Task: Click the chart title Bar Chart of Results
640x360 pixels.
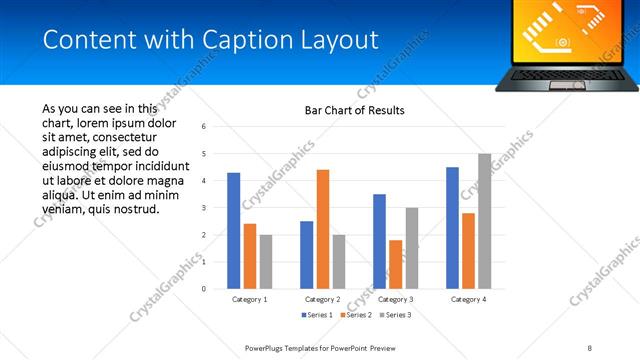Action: point(354,110)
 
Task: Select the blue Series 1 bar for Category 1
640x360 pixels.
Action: point(234,230)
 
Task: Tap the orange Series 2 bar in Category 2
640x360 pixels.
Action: point(323,229)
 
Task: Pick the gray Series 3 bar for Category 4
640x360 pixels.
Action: point(485,221)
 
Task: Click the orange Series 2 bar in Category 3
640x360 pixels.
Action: point(396,264)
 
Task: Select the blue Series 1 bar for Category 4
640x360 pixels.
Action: point(453,227)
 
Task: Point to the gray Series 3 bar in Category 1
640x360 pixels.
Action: point(265,261)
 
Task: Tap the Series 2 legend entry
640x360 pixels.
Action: point(356,316)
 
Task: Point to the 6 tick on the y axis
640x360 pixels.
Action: point(204,127)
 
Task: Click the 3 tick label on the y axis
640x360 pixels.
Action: point(204,208)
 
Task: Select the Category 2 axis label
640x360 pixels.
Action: point(323,299)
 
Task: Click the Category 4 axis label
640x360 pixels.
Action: point(469,299)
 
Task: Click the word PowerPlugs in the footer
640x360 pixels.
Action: point(267,347)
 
